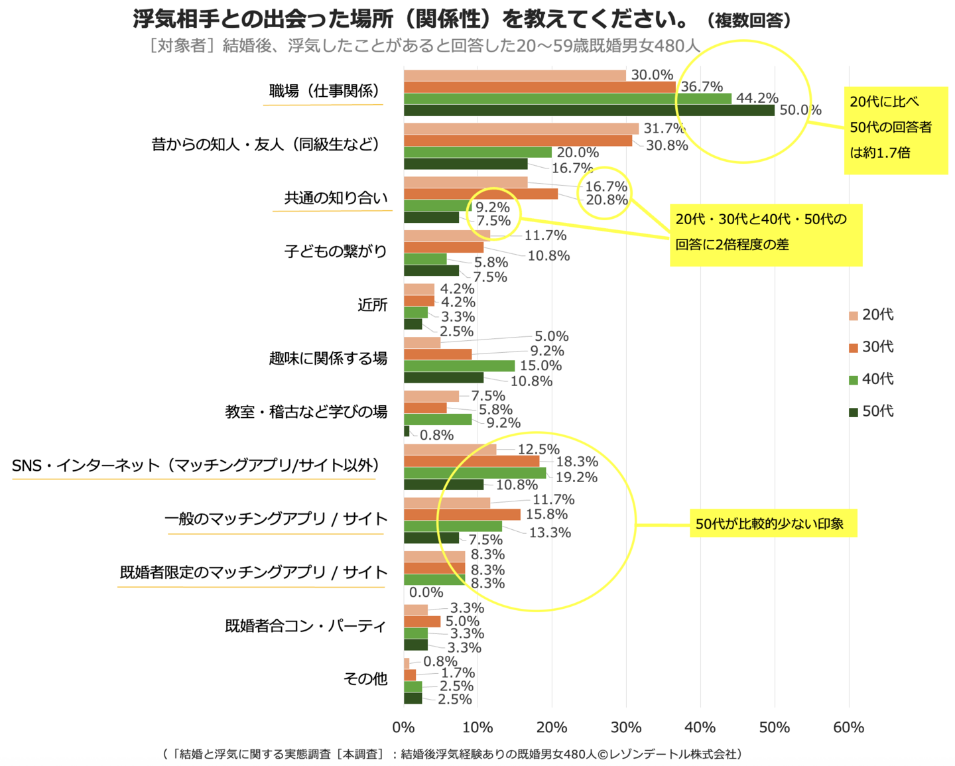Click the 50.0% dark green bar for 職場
pos(589,110)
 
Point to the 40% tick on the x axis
pos(700,728)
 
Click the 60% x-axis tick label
pos(848,728)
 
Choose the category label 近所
pos(372,305)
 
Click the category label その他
pos(365,679)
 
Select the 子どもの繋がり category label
pos(336,251)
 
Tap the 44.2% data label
pos(757,98)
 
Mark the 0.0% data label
pos(426,592)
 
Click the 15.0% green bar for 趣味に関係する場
pos(459,366)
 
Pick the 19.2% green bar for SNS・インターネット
pos(475,473)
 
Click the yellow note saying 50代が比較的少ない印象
pos(773,524)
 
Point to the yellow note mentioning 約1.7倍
pos(895,131)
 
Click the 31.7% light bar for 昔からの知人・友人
pos(521,129)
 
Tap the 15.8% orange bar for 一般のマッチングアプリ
pos(462,515)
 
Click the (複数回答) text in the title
pos(749,21)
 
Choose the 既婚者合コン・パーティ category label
pos(305,626)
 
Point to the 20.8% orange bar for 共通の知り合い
pos(481,194)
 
